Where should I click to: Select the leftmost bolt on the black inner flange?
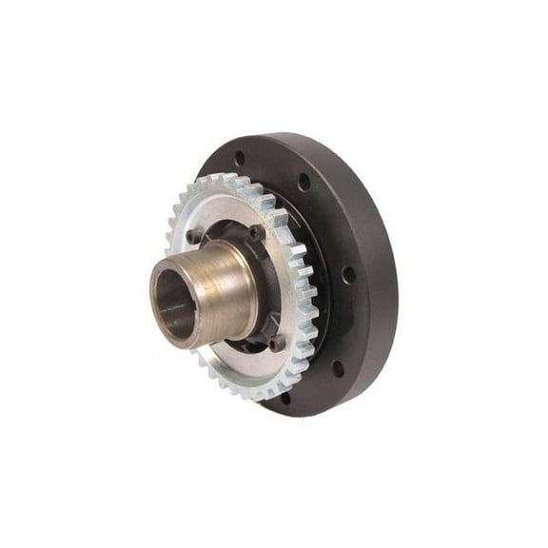tap(194, 235)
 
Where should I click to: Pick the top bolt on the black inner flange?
tap(255, 231)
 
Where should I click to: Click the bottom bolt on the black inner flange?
tap(276, 341)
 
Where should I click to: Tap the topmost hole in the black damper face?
tap(239, 158)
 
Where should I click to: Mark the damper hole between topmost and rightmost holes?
tap(303, 181)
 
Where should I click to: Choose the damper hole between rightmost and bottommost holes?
tap(338, 365)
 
